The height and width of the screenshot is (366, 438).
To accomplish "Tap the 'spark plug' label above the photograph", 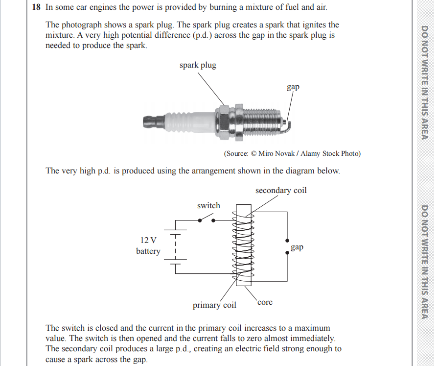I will click(198, 65).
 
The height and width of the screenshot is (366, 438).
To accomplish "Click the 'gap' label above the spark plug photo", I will click(293, 87).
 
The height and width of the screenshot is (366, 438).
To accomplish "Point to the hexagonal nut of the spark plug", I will click(222, 120).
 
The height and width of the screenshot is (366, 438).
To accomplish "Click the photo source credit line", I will click(292, 153).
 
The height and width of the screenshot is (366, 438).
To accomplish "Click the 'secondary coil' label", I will click(281, 190).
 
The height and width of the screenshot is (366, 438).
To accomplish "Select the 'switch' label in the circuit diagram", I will click(208, 205).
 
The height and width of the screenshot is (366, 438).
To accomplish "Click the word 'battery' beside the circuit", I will click(148, 251).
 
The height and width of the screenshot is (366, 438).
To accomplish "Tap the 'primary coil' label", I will click(214, 305).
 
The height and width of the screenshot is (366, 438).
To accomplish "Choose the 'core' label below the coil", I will click(264, 302).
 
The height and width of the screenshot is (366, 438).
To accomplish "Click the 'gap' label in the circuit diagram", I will click(297, 247).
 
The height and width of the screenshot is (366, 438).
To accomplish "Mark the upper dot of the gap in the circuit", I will click(286, 241).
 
